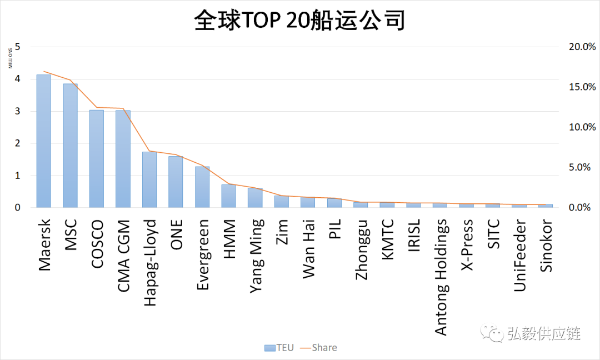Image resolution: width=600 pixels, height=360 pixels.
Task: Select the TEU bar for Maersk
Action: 44,141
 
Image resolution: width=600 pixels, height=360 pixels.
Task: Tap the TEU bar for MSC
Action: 70,146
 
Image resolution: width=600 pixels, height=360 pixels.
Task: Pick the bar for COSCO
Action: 97,159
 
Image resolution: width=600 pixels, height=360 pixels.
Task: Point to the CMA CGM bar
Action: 123,159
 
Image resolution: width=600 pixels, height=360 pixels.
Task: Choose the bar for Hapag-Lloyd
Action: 149,179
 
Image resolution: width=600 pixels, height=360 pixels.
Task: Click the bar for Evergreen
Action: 202,187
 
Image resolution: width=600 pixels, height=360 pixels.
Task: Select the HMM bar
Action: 228,196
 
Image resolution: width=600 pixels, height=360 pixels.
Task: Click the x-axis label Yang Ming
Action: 256,255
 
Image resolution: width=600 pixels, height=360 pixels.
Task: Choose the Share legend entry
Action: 319,348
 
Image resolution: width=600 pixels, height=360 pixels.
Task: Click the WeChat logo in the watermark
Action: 492,333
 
